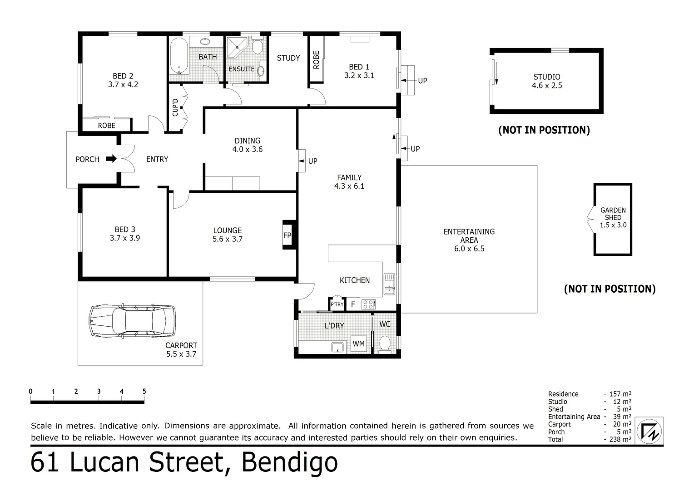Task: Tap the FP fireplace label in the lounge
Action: [x=287, y=235]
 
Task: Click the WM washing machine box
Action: [x=359, y=344]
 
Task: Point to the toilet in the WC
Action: [x=385, y=344]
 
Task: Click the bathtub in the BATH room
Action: [x=178, y=57]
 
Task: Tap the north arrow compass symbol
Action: [x=649, y=430]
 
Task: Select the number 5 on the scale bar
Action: [x=144, y=392]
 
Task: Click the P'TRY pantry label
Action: [x=337, y=304]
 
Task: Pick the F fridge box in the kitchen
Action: [x=353, y=304]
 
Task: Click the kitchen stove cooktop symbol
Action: [x=368, y=304]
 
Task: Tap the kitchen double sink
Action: [x=389, y=283]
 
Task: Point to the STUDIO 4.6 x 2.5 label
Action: [x=547, y=81]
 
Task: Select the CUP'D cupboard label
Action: [x=175, y=108]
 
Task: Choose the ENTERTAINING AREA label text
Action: [x=469, y=236]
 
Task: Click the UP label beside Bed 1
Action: [x=422, y=81]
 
